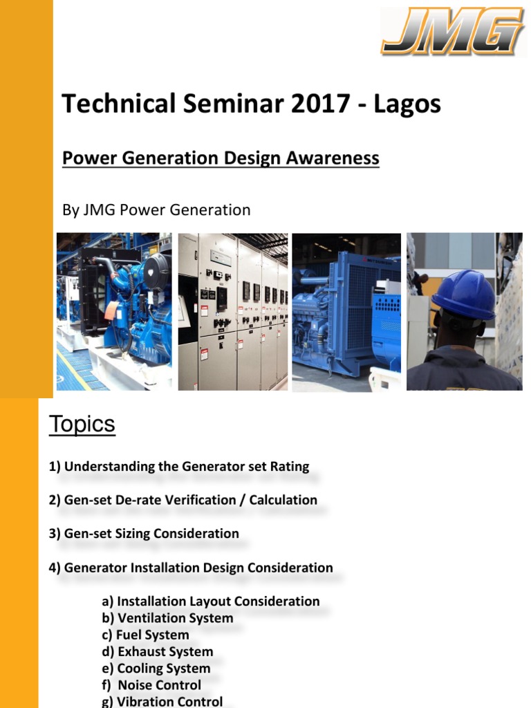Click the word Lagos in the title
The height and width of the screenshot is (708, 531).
coord(407,104)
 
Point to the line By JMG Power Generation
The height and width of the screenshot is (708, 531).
coord(156,209)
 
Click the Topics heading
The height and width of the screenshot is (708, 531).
coord(82,425)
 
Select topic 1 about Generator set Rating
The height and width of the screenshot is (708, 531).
coord(179,466)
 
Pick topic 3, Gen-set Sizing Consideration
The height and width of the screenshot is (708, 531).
coord(144,534)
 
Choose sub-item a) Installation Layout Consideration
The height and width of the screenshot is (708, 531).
coord(211,602)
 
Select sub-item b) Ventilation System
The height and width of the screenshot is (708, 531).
coord(167,618)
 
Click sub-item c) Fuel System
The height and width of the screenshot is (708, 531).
coord(145,635)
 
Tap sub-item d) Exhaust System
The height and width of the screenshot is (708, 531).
coord(157,651)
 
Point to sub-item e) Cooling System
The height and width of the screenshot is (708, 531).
coord(156,669)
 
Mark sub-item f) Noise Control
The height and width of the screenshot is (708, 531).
coord(151,685)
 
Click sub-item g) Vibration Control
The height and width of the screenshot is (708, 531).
coord(162,701)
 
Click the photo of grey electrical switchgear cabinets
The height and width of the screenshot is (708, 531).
coord(233,311)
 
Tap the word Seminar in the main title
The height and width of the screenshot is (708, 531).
coord(226,104)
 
